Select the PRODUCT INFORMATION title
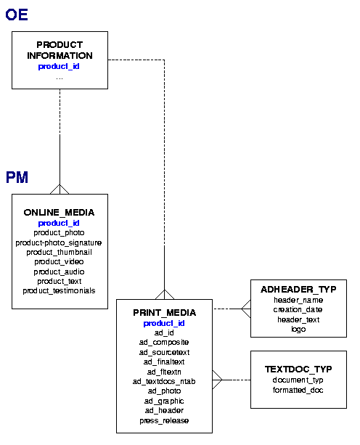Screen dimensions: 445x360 (x=60, y=50)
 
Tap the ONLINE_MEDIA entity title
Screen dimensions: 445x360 (x=59, y=213)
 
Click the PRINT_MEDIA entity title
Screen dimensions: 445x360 (x=164, y=313)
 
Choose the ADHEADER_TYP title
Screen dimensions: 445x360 (x=298, y=290)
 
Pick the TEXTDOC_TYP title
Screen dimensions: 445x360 (x=298, y=370)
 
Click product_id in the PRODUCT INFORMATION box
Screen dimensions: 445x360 (x=59, y=66)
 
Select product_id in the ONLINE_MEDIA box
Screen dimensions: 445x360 (x=59, y=223)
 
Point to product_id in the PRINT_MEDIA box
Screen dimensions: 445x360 (x=164, y=323)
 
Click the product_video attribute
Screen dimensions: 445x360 (x=59, y=261)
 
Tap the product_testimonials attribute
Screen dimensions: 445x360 (x=59, y=291)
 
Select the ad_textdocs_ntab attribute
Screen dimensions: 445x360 (x=164, y=381)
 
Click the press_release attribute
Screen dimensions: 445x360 (x=164, y=420)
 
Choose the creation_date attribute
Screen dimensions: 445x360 (x=298, y=309)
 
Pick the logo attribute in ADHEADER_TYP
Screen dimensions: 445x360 (x=298, y=329)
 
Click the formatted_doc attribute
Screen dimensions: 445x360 (x=298, y=390)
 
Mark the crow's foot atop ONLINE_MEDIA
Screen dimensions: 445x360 (x=60, y=189)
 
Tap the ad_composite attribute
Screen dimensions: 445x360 (x=164, y=342)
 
